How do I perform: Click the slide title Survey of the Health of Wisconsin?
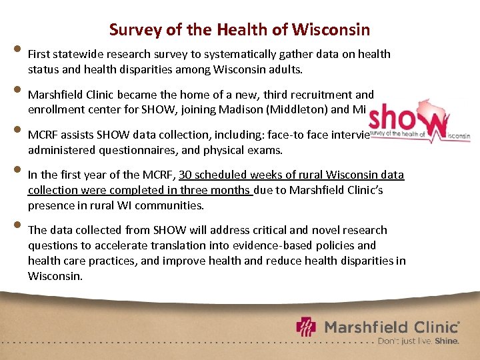click(239, 30)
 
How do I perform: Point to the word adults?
click(285, 69)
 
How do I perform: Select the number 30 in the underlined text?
click(185, 175)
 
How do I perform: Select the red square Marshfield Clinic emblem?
click(307, 327)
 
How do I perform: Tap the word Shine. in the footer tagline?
click(447, 341)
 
